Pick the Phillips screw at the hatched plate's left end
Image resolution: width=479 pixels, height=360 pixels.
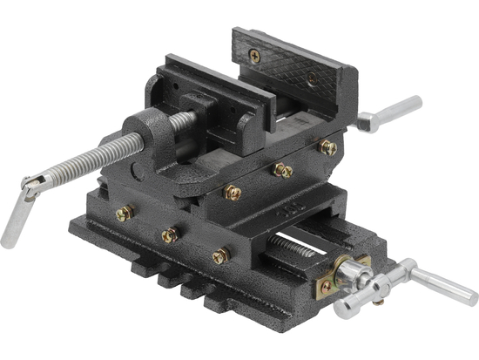(x=254, y=55)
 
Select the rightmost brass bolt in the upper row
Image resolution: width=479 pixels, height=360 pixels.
(x=328, y=147)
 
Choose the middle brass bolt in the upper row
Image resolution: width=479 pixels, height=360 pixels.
(x=281, y=171)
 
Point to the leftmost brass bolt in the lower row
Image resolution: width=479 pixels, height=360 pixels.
(x=125, y=213)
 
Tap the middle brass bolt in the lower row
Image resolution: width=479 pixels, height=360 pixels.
(x=170, y=234)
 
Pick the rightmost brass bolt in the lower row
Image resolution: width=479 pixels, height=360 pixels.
(x=221, y=256)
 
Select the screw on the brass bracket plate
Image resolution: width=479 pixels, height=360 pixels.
(x=327, y=285)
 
